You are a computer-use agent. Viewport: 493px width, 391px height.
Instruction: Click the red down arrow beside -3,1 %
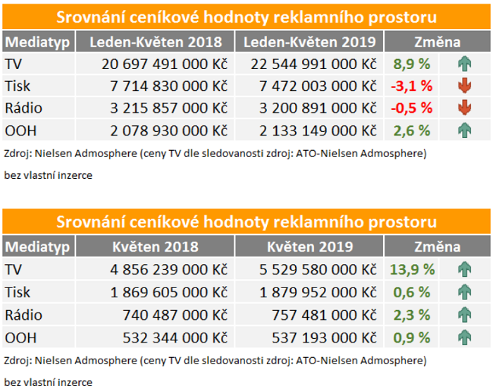pyautogui.click(x=463, y=87)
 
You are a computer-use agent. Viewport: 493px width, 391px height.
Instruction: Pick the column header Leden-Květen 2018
pyautogui.click(x=155, y=42)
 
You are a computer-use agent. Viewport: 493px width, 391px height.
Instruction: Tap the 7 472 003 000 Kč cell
pyautogui.click(x=317, y=87)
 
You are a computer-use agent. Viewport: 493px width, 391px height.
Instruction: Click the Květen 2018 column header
pyautogui.click(x=155, y=247)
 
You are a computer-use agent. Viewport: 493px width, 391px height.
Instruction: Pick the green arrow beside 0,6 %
pyautogui.click(x=463, y=291)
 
